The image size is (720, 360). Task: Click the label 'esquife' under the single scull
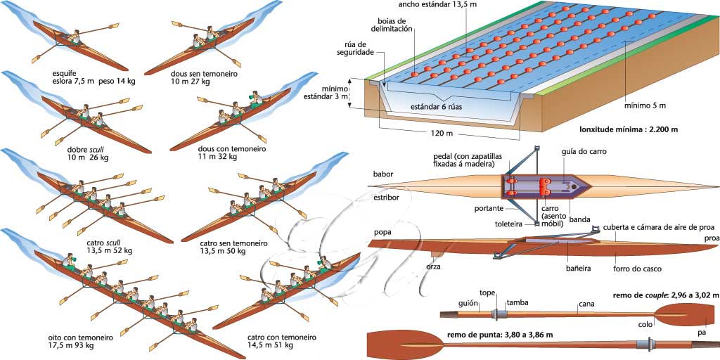(x=65, y=72)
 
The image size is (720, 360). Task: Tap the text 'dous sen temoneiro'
(x=204, y=73)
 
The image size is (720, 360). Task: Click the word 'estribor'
(x=387, y=198)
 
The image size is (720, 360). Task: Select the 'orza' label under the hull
(x=434, y=266)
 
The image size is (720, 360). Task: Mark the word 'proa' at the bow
(x=708, y=239)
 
